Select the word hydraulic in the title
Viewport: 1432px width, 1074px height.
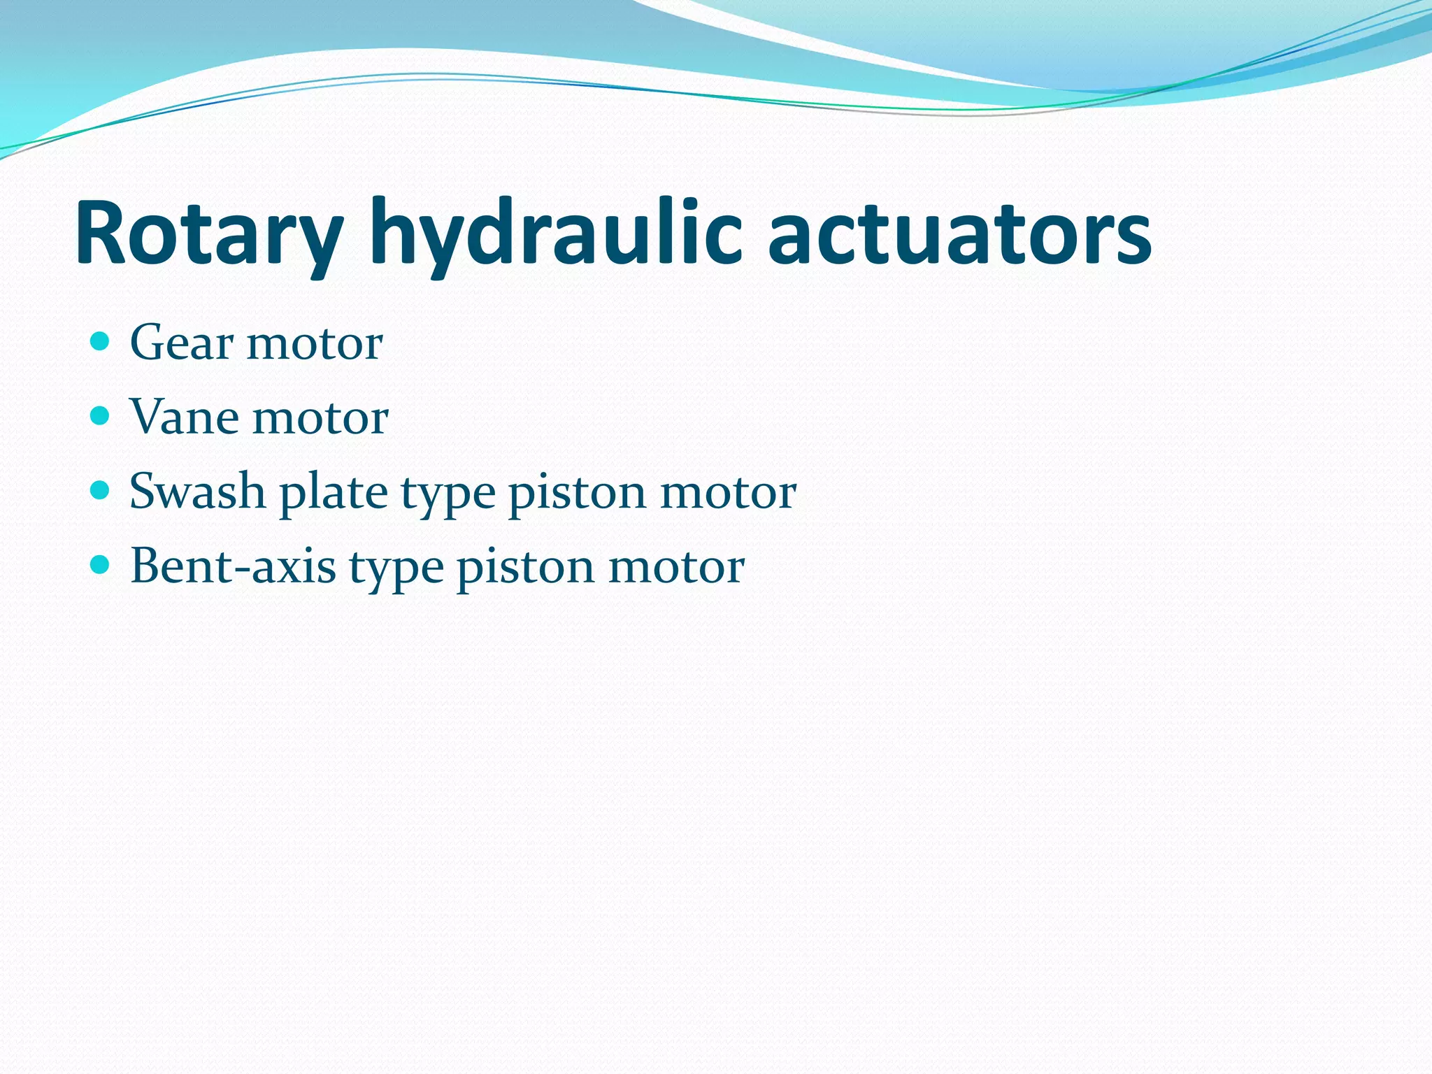coord(556,234)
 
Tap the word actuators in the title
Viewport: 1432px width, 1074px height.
coord(959,234)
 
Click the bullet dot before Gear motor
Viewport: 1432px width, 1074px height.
coord(101,342)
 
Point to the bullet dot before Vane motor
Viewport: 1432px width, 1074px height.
coord(101,416)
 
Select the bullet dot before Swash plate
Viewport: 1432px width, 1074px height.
coord(101,490)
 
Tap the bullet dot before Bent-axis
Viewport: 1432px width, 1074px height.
coord(101,564)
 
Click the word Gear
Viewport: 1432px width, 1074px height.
coord(182,343)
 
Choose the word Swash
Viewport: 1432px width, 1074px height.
coord(197,492)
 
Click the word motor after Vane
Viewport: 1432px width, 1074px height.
coord(320,419)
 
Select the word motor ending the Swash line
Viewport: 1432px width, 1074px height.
coord(728,493)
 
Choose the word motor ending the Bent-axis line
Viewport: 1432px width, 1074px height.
coord(676,567)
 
